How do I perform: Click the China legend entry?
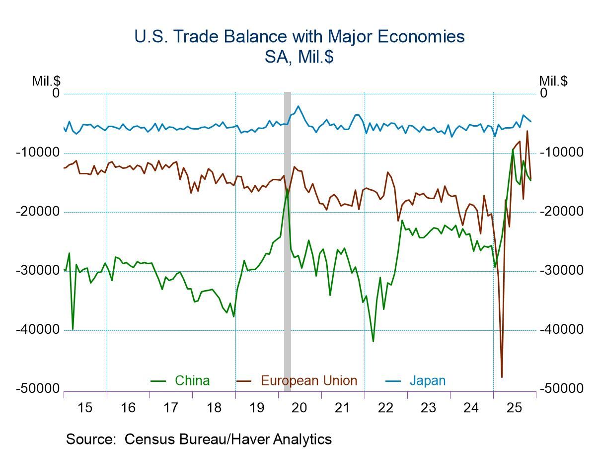tap(192, 381)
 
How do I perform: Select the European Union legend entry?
tap(308, 381)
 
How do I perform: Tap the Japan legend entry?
tap(427, 381)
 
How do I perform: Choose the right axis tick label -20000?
tap(562, 212)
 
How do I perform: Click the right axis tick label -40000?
tap(562, 330)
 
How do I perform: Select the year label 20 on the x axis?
tap(300, 408)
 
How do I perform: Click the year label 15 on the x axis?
tap(85, 408)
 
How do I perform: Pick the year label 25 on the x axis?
tap(514, 408)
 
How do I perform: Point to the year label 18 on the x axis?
tap(214, 408)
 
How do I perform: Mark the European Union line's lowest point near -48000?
tap(502, 377)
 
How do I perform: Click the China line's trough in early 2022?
tap(373, 341)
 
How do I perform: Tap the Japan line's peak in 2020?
tap(298, 106)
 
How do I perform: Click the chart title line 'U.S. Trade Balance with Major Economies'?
tap(300, 37)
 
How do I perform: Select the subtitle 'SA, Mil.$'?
tap(300, 57)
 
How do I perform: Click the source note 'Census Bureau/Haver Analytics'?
tap(228, 439)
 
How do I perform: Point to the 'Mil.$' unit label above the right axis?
tap(553, 81)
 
